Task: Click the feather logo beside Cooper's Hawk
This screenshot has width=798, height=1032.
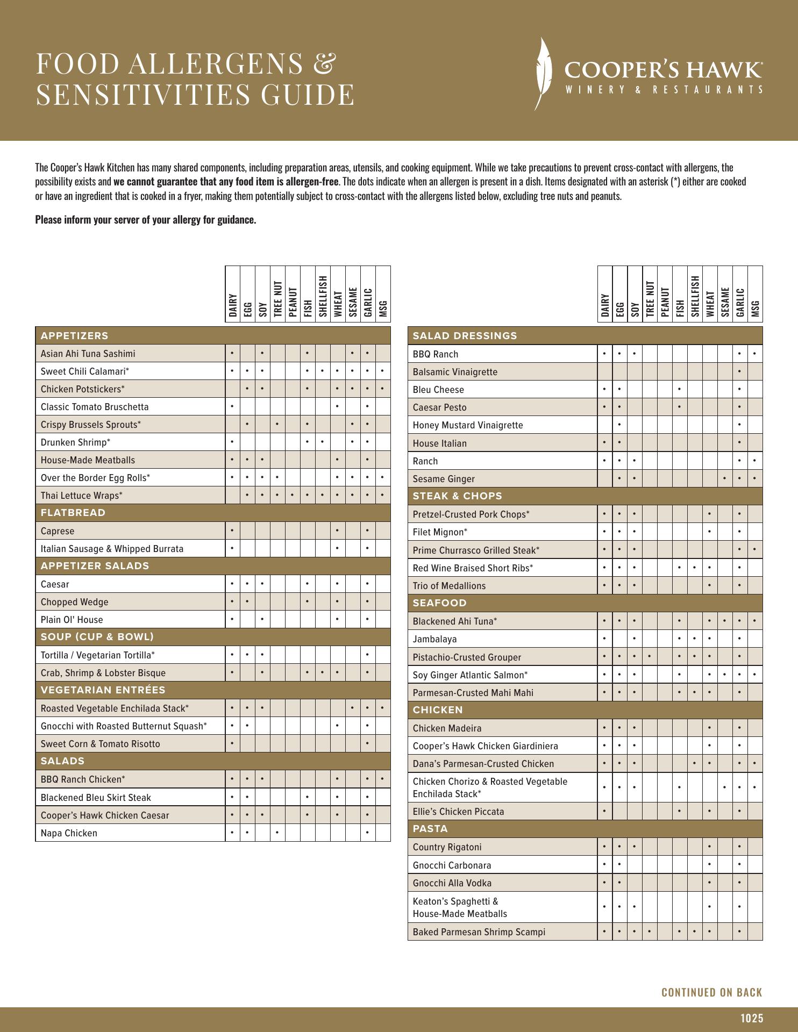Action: pyautogui.click(x=544, y=74)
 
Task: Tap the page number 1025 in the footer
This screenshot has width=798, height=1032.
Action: pyautogui.click(x=751, y=1018)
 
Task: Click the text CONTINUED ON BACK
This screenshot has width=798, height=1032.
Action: pyautogui.click(x=711, y=992)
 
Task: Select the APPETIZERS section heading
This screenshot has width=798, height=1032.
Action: pyautogui.click(x=74, y=336)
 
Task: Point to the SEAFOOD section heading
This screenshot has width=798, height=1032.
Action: pyautogui.click(x=439, y=603)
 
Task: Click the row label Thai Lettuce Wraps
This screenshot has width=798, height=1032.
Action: pyautogui.click(x=81, y=496)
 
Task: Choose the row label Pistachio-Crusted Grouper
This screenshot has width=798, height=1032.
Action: pyautogui.click(x=467, y=657)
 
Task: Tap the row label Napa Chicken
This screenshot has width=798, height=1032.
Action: pyautogui.click(x=69, y=833)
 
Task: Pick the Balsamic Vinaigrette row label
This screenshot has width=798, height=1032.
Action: pyautogui.click(x=455, y=372)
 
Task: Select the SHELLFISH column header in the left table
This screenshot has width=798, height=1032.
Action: pyautogui.click(x=323, y=296)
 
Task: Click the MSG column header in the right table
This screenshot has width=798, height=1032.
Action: pyautogui.click(x=755, y=309)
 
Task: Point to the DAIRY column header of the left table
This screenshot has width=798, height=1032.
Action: pyautogui.click(x=232, y=305)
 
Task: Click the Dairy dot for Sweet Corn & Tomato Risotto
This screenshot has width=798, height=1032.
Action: pyautogui.click(x=232, y=744)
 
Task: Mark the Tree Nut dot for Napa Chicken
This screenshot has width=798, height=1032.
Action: pyautogui.click(x=277, y=833)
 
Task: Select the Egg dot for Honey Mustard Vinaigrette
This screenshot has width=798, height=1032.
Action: pyautogui.click(x=619, y=425)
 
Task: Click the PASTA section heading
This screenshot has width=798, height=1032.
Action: pyautogui.click(x=430, y=829)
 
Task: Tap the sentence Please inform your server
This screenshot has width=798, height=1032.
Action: pyautogui.click(x=145, y=220)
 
